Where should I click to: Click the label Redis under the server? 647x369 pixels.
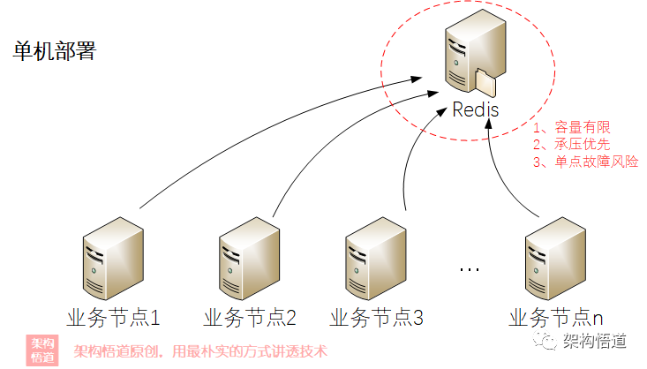(x=475, y=110)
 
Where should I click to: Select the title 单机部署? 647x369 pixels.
(x=54, y=49)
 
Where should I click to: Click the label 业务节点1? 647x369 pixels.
(x=112, y=316)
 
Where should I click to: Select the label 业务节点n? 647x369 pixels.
(x=556, y=316)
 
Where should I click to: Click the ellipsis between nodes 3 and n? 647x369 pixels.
(x=470, y=267)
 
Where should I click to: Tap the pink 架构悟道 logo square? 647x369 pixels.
(x=42, y=350)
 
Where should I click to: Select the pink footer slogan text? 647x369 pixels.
(x=199, y=350)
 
